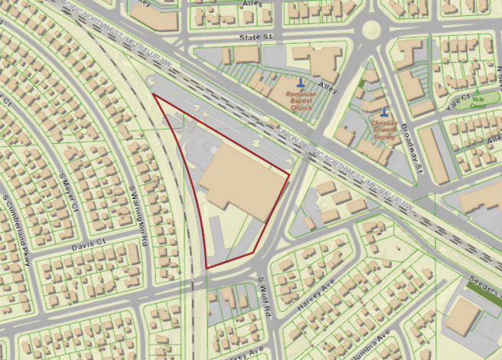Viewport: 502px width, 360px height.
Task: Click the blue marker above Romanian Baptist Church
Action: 301,82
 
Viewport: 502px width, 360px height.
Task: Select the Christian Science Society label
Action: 383,129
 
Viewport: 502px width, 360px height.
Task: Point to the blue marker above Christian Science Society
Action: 383,112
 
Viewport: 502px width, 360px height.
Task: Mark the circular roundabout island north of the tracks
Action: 371,29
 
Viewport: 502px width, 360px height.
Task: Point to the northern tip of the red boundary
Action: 154,95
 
